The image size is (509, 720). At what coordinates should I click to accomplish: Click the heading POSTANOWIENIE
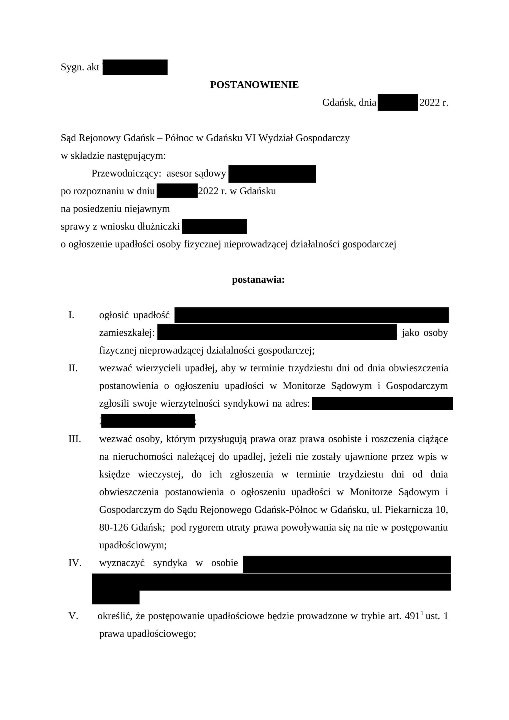254,85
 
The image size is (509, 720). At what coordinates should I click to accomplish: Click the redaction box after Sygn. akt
135,67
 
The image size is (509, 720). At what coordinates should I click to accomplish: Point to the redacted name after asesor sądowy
272,174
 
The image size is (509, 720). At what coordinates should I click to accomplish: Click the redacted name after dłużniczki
214,226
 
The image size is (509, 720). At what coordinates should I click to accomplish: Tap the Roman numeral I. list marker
71,315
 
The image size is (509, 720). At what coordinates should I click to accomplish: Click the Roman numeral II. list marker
73,368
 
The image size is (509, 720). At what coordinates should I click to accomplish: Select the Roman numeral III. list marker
75,439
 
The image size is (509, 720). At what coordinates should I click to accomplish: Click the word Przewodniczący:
126,174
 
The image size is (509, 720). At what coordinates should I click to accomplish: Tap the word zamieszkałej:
127,333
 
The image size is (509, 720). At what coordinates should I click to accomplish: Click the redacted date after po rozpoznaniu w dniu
177,191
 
